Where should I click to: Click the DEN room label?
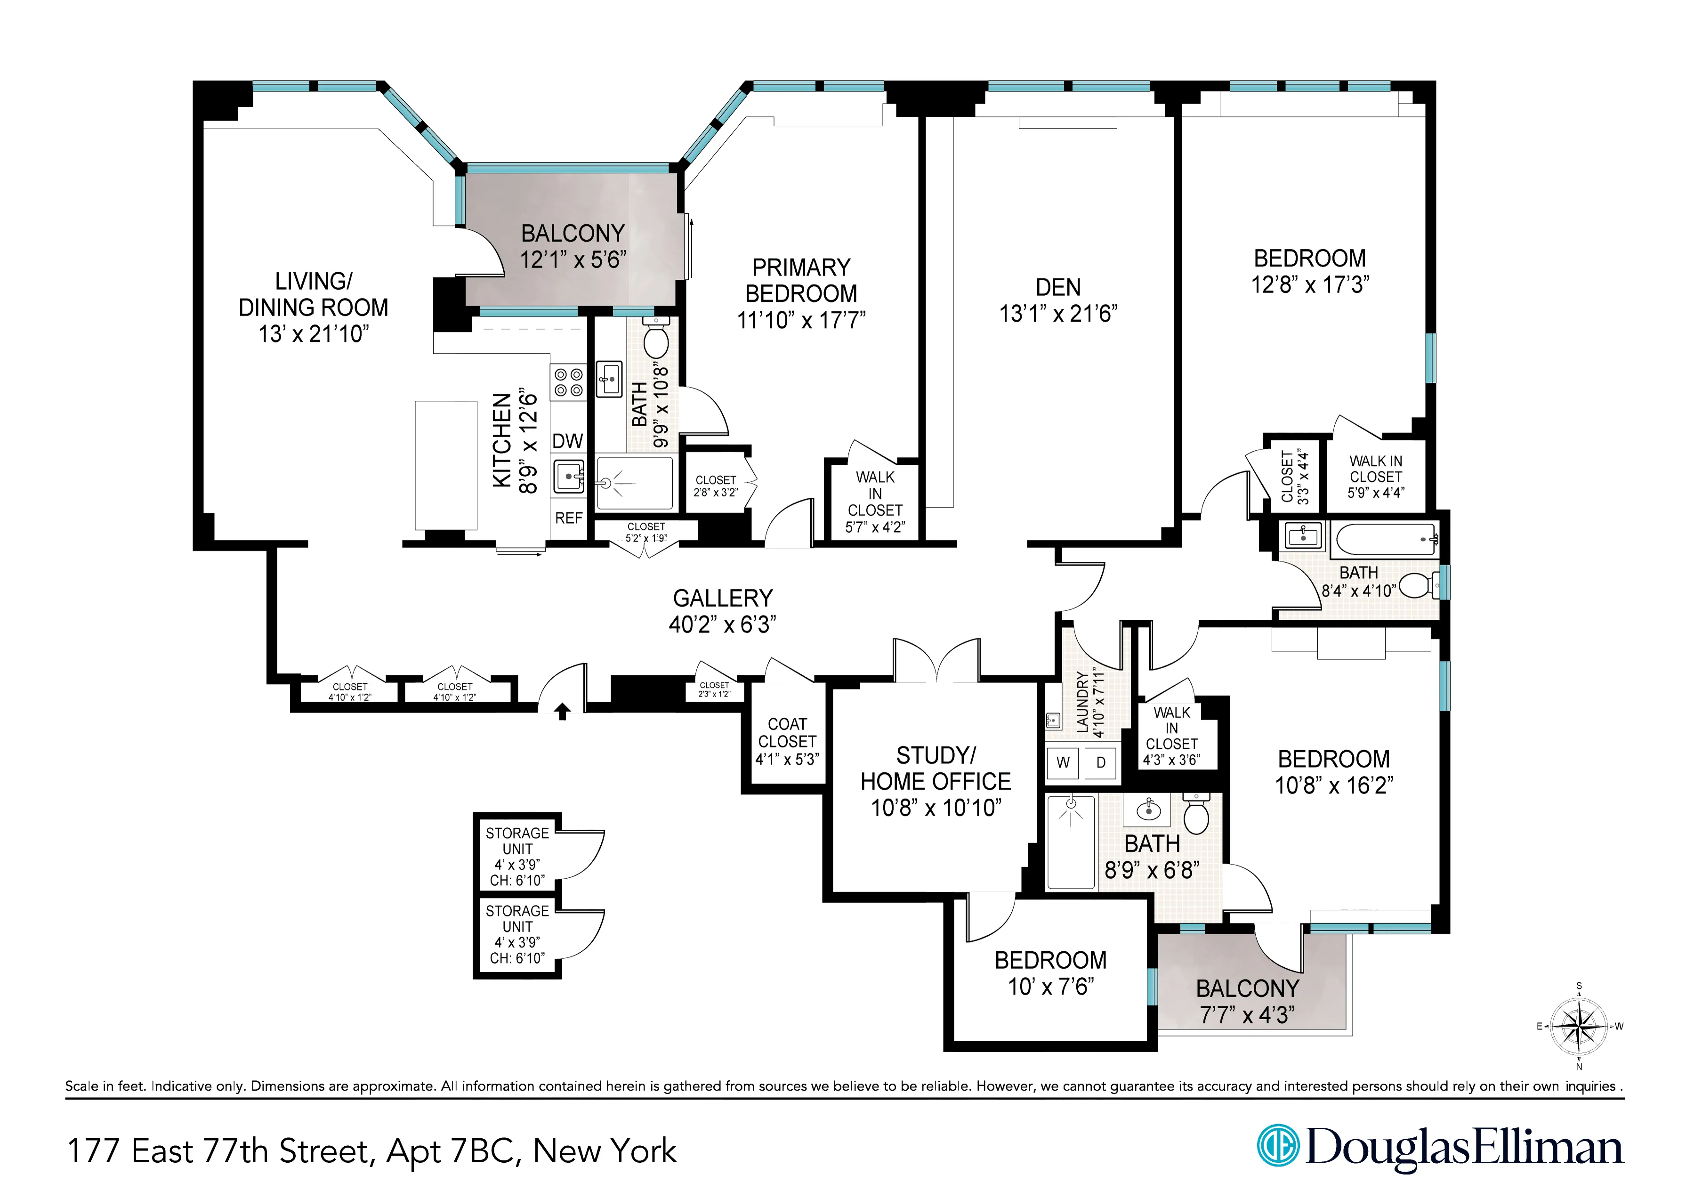click(1058, 288)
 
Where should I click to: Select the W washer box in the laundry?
click(1063, 762)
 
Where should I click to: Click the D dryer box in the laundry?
click(1101, 762)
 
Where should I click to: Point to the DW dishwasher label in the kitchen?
click(568, 442)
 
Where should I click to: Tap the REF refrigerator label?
click(568, 518)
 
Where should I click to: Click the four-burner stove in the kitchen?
click(568, 382)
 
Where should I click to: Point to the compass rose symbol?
click(1578, 1026)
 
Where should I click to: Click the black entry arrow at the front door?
click(563, 712)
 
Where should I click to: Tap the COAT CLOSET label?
click(787, 733)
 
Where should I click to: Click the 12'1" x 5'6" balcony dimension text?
click(573, 260)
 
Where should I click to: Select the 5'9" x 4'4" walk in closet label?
click(1375, 477)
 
